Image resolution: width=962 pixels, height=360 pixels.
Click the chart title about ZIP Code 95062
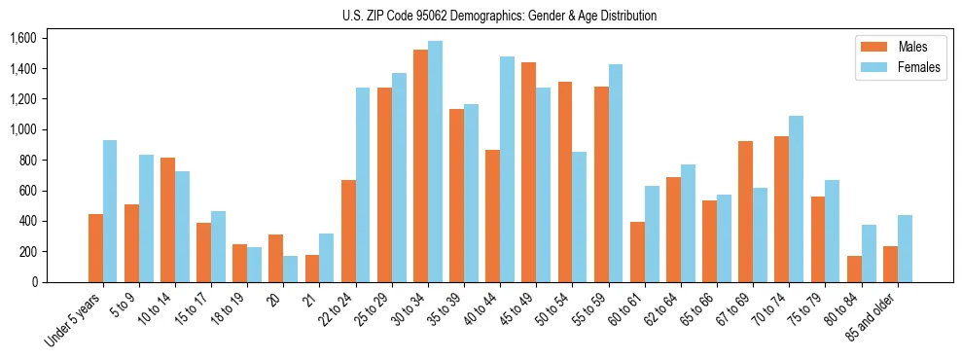coord(499,16)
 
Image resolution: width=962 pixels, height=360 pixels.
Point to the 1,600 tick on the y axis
coord(22,38)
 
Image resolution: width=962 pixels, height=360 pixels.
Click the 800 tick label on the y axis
coord(27,160)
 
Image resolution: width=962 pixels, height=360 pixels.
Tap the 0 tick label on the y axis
coord(34,282)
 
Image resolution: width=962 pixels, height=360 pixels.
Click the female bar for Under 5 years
coord(110,211)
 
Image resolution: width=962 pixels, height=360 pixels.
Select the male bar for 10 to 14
coord(167,220)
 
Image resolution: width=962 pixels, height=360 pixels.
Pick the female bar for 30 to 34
coord(435,162)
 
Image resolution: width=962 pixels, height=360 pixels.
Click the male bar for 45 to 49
coord(528,172)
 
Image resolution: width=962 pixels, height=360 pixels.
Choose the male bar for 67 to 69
coord(745,211)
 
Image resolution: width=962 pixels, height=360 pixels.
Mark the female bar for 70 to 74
coord(796,198)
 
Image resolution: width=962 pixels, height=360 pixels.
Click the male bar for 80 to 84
coord(853,269)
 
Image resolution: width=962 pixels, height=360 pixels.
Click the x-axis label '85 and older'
coord(872,318)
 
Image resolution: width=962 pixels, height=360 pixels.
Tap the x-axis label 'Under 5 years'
coord(74,321)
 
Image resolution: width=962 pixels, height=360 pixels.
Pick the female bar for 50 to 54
coord(579,217)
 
